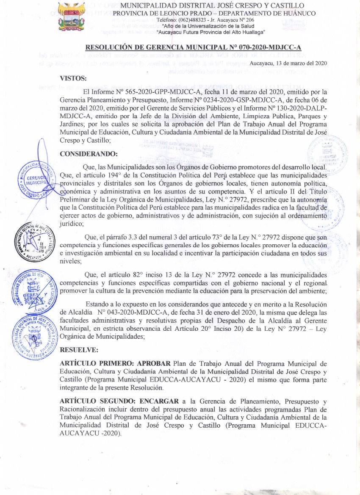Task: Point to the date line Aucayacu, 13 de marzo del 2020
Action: [288, 63]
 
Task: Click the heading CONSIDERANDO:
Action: [89, 154]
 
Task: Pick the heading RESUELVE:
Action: [79, 350]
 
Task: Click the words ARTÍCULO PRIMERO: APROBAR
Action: [116, 363]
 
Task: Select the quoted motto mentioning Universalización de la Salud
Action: [210, 26]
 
